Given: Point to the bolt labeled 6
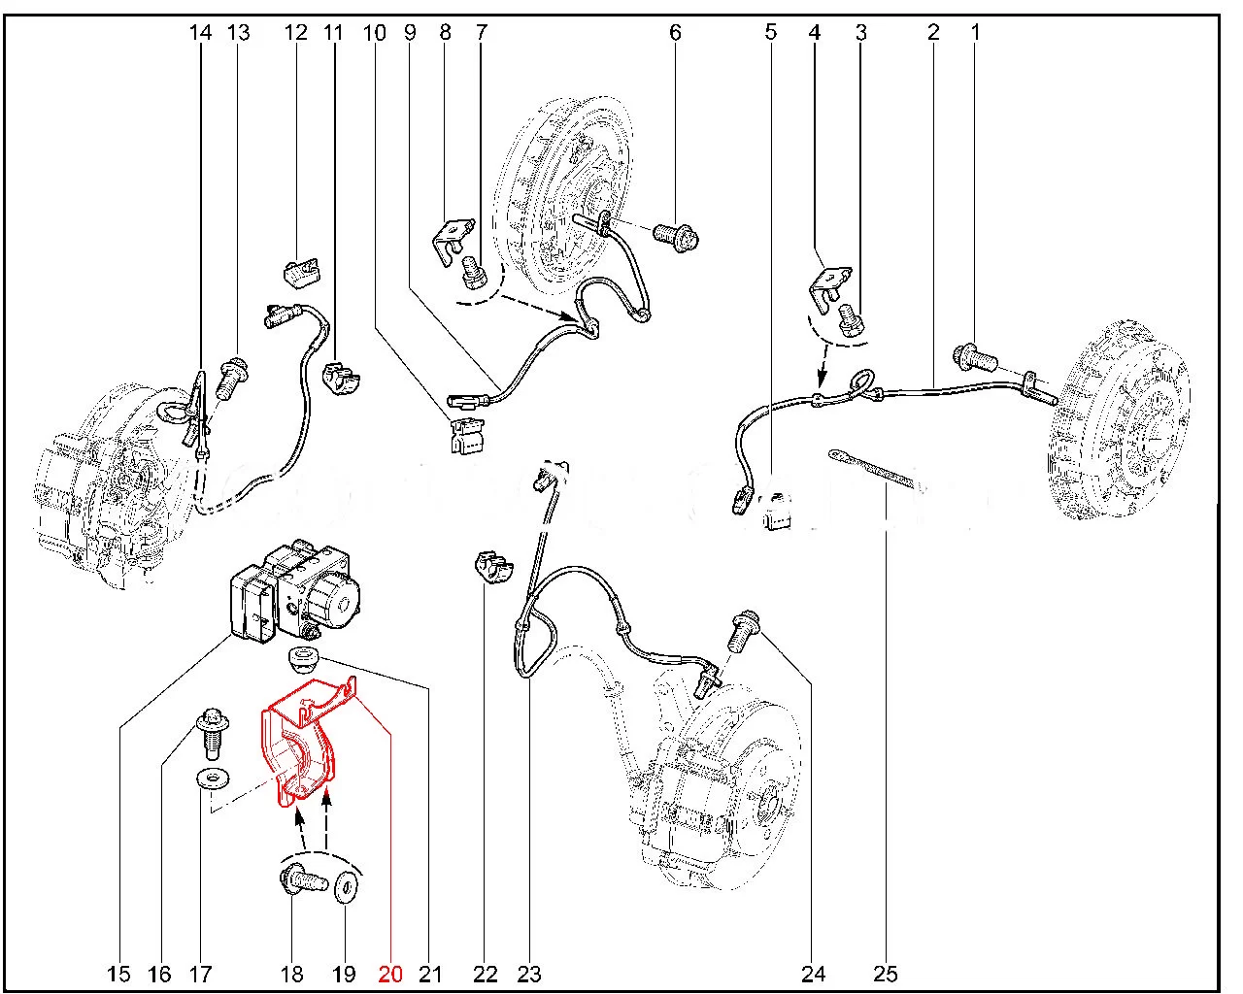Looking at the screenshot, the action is (x=676, y=235).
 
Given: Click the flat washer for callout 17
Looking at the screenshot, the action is (x=212, y=779).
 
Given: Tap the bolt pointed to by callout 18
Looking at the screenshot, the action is (x=303, y=881).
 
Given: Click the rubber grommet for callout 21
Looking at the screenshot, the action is (x=302, y=659).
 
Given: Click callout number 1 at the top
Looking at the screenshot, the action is (x=976, y=31).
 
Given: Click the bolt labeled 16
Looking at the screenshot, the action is (x=213, y=733).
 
